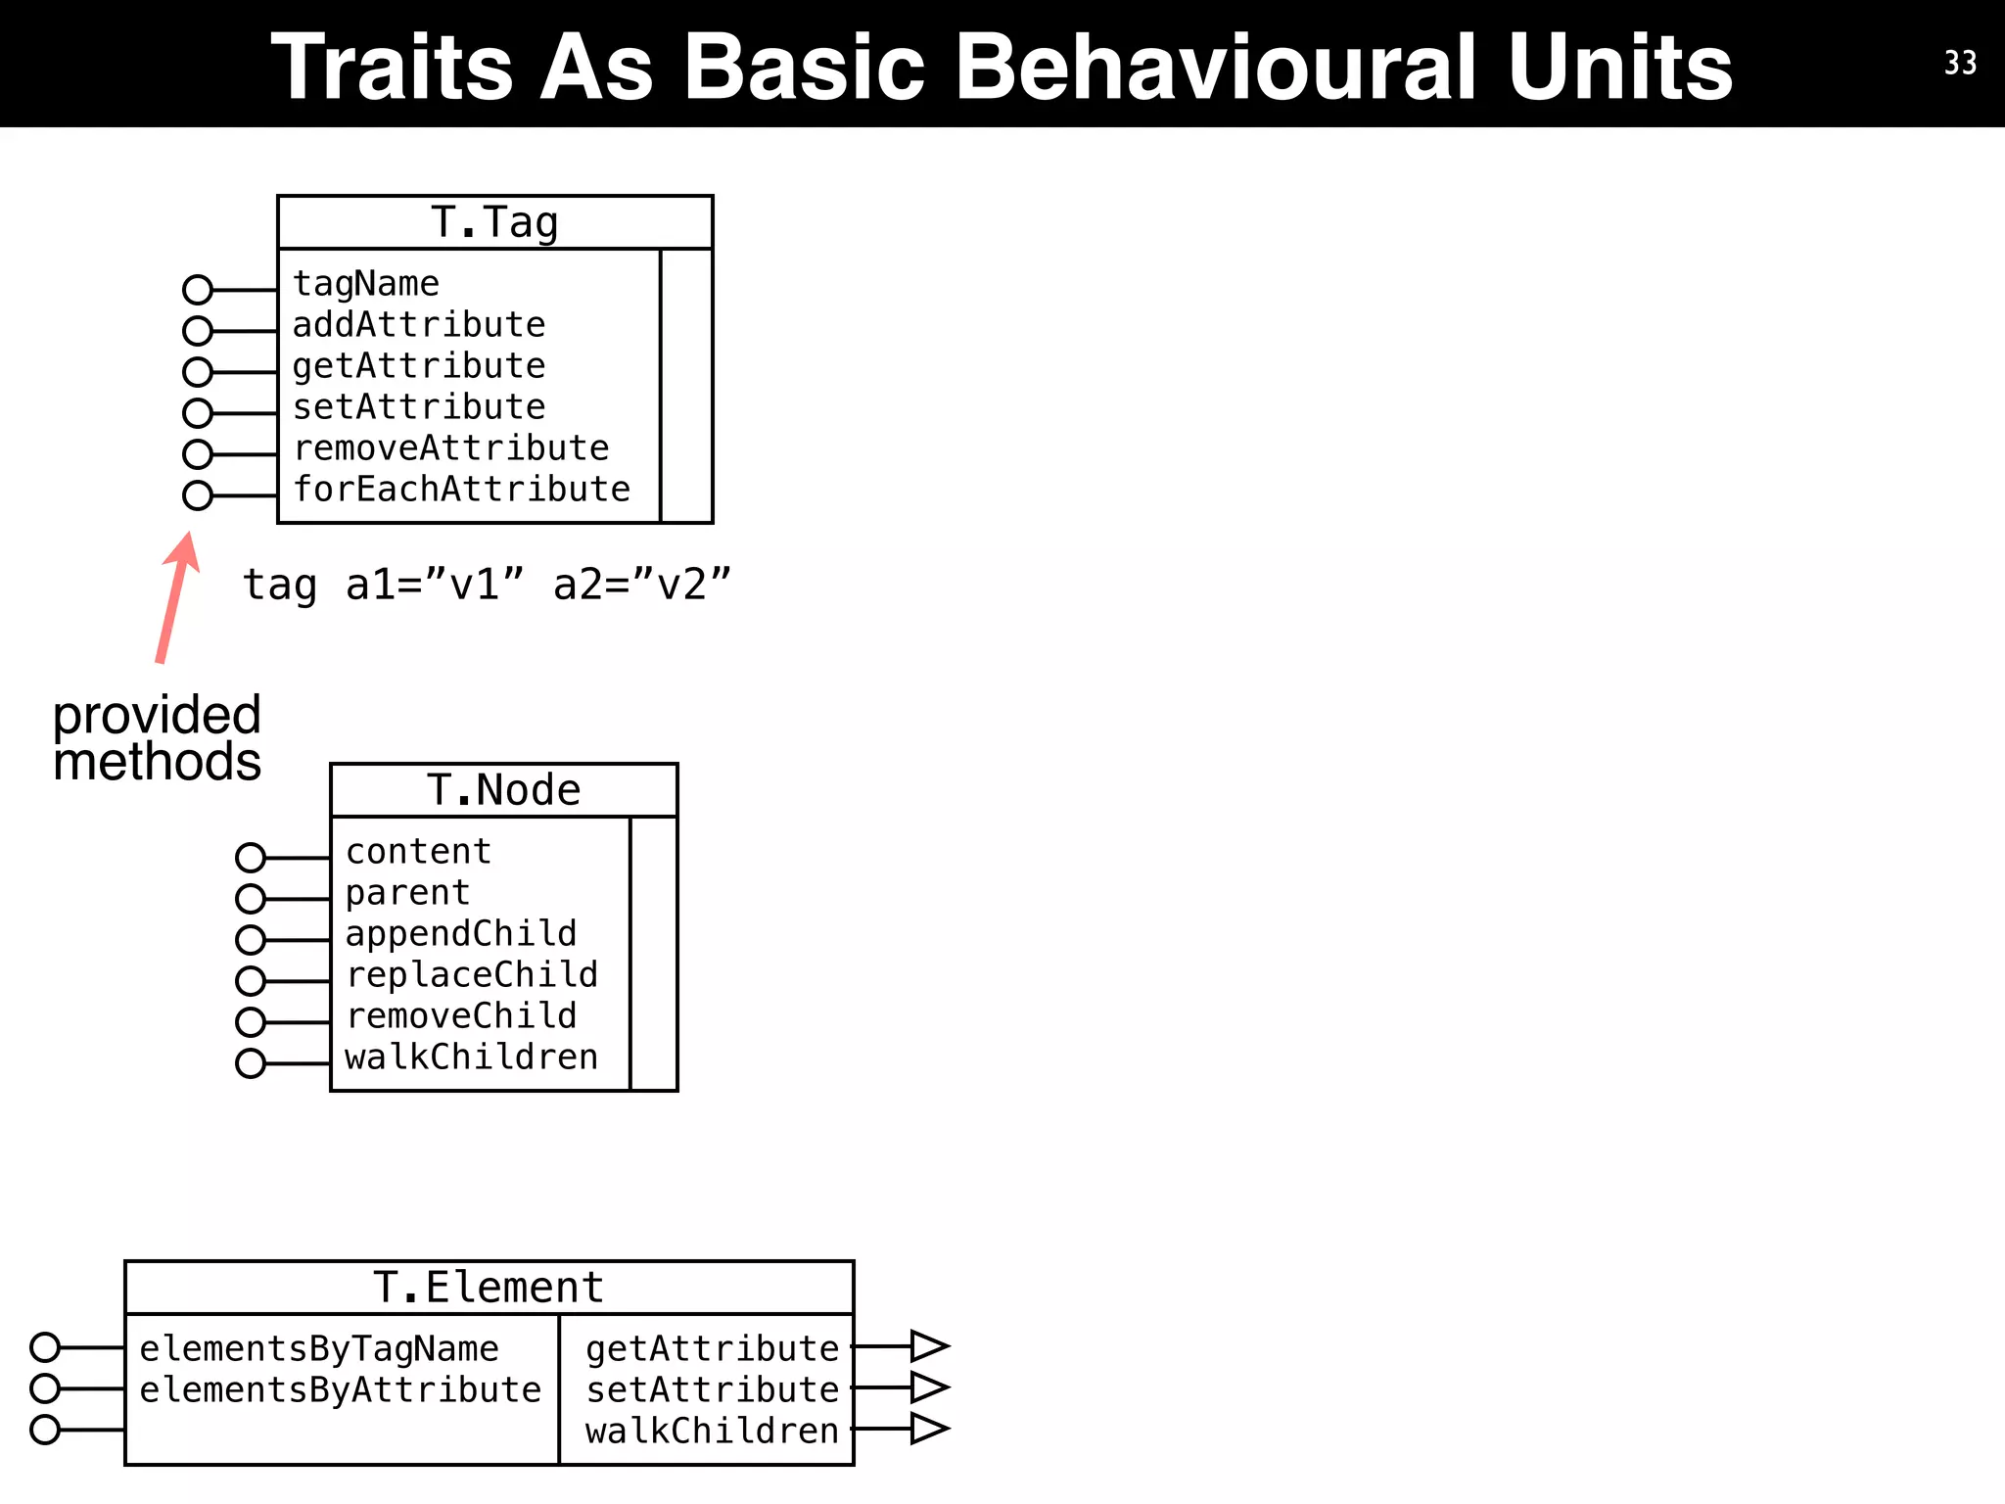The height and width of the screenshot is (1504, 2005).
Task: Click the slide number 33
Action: click(1960, 63)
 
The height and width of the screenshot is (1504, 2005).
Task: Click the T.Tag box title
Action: click(494, 222)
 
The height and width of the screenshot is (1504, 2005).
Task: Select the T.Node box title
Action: click(503, 790)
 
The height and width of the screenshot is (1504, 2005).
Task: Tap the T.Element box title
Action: click(489, 1288)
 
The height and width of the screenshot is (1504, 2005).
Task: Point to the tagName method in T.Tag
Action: click(366, 284)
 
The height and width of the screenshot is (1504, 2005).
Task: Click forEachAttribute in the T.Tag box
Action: click(462, 489)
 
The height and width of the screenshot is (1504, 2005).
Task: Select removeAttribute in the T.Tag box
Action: click(451, 447)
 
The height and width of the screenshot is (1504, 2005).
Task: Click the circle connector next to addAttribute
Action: click(198, 331)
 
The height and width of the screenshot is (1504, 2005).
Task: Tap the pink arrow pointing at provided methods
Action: click(176, 597)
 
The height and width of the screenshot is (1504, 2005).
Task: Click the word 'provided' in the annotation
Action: click(157, 715)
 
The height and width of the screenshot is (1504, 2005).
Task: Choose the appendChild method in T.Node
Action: click(461, 933)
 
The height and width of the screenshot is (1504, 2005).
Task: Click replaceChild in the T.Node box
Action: click(472, 974)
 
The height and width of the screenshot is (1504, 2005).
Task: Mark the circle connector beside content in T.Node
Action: click(251, 858)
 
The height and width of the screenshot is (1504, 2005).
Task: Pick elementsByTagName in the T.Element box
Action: click(319, 1348)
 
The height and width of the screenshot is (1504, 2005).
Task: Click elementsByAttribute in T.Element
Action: click(340, 1389)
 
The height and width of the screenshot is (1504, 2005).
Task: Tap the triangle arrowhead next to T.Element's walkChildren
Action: click(928, 1429)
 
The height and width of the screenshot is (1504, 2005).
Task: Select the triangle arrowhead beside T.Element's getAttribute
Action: click(928, 1346)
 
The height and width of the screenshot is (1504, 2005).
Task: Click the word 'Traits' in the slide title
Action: click(392, 67)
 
